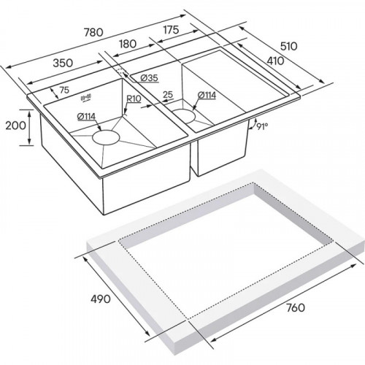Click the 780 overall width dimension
click(93, 32)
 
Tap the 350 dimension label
click(63, 63)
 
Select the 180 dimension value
click(128, 44)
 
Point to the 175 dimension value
click(171, 30)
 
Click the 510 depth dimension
click(289, 46)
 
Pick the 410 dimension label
click(275, 61)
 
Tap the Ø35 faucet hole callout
click(150, 78)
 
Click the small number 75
click(64, 90)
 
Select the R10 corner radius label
click(134, 99)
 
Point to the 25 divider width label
click(168, 94)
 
